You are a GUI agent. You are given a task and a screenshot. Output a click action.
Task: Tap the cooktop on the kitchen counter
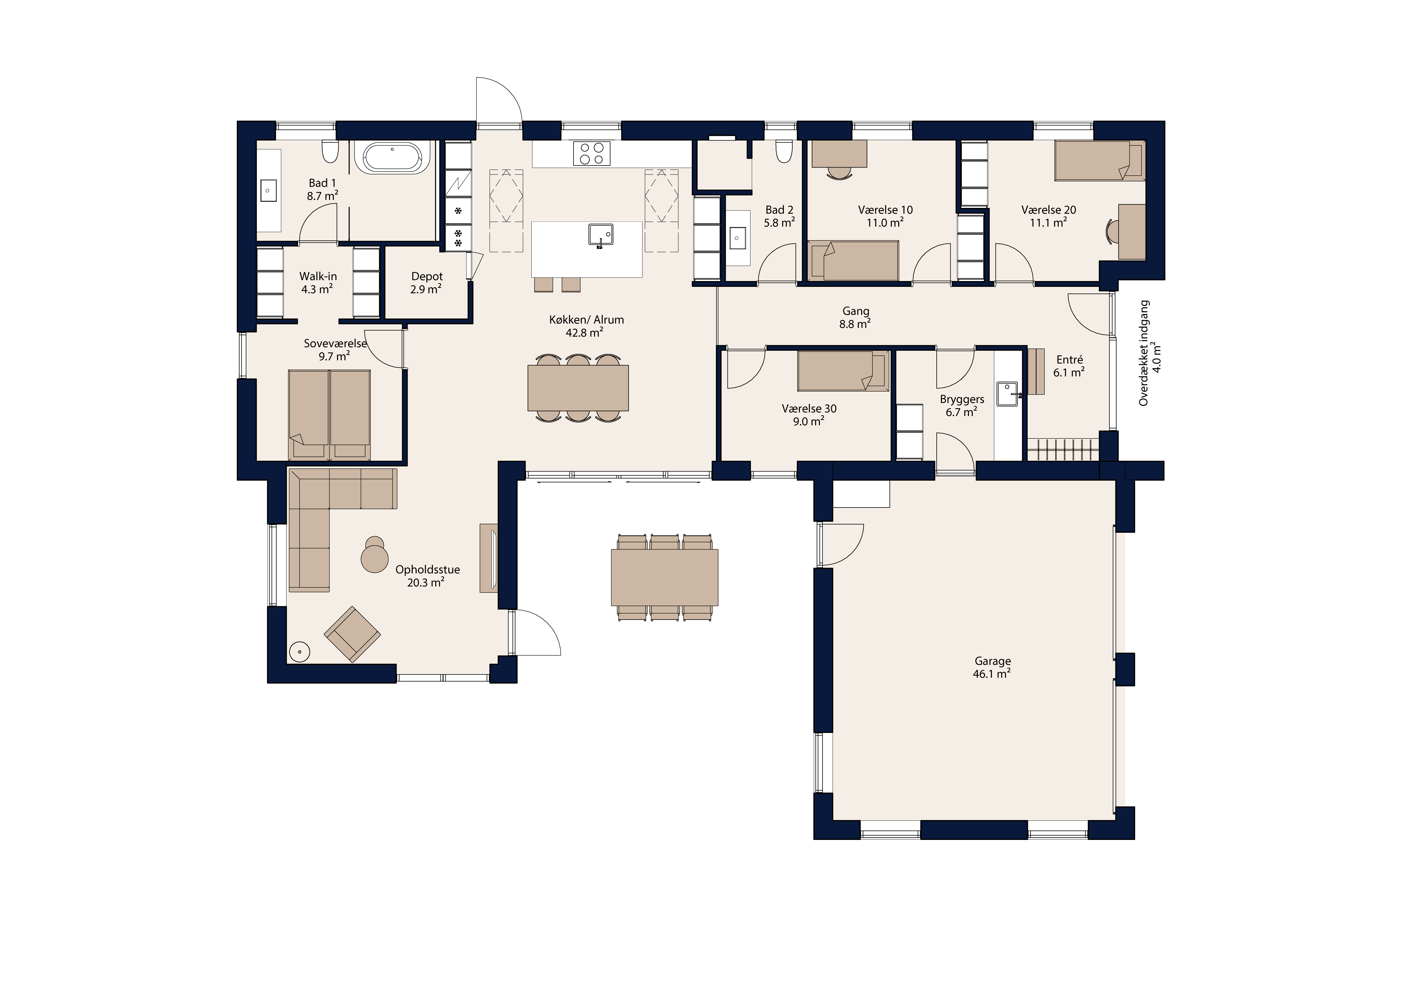(592, 153)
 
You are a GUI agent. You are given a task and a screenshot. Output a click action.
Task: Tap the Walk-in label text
(318, 276)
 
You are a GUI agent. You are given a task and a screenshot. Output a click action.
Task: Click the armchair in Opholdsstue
(352, 634)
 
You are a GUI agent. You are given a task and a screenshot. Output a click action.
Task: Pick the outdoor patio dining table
(664, 577)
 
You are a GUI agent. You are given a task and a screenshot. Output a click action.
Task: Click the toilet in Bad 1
(330, 151)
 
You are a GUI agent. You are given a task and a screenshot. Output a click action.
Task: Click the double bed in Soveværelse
(329, 415)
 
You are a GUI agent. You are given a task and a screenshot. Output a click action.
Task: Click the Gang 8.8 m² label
(855, 318)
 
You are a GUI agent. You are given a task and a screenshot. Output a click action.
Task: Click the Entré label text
(1070, 359)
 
